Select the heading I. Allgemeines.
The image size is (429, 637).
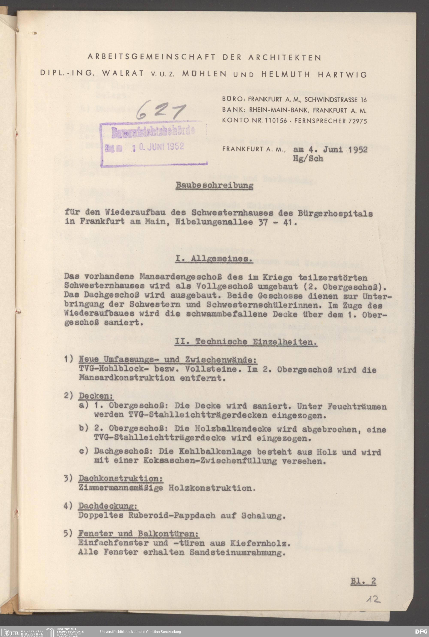click(x=214, y=259)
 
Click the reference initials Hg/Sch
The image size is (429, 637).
click(x=308, y=159)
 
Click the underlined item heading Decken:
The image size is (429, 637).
click(x=96, y=396)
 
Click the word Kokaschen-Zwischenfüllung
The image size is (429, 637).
click(x=210, y=461)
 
